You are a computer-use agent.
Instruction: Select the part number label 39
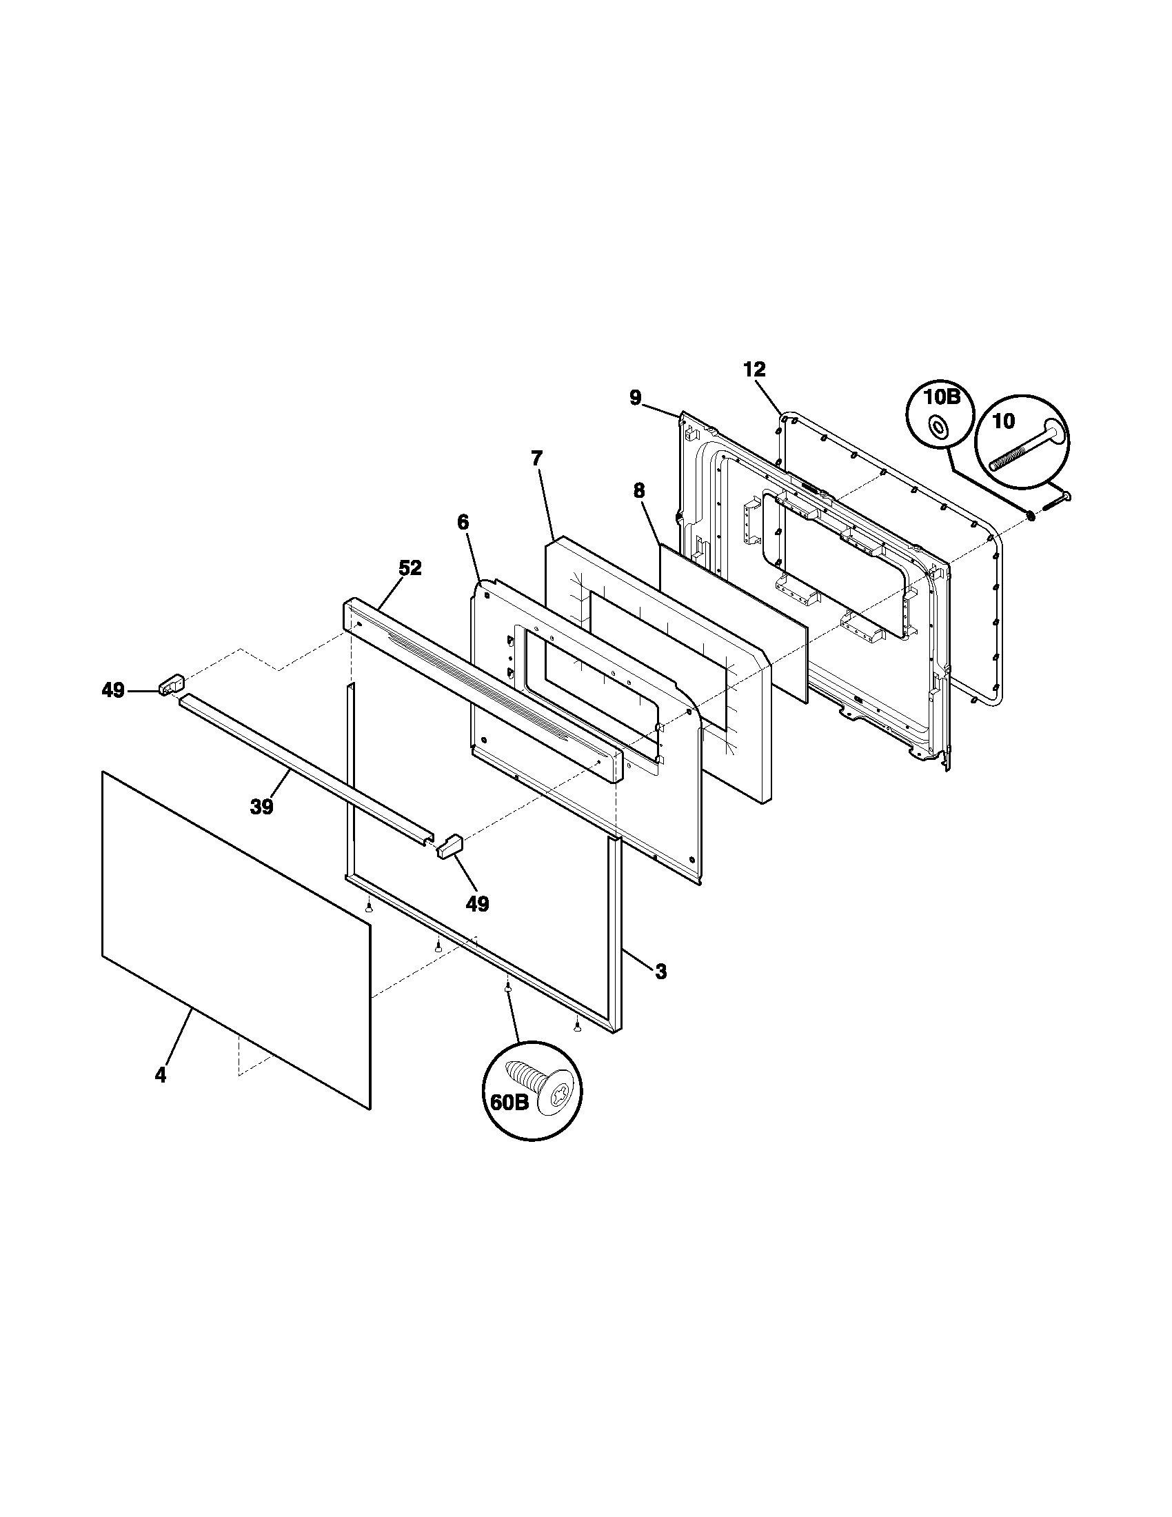click(262, 807)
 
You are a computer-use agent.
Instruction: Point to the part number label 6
click(463, 523)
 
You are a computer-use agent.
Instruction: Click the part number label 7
click(536, 459)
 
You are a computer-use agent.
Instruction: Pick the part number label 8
click(639, 490)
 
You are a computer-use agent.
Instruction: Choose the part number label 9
click(636, 397)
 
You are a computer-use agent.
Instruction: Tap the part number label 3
click(660, 972)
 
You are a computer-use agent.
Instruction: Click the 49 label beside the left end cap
click(113, 690)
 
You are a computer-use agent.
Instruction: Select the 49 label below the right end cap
click(477, 904)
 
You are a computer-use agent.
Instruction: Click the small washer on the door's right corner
click(1029, 516)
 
